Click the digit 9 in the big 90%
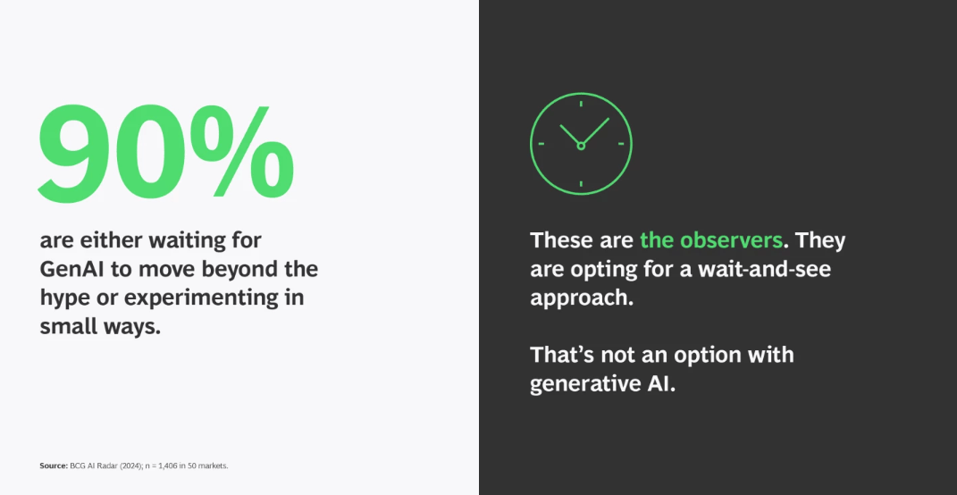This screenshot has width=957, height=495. (77, 154)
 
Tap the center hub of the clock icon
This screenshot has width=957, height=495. (581, 146)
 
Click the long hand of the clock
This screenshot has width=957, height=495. (596, 131)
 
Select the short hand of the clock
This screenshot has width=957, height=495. (569, 135)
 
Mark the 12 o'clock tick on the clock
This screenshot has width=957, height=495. (581, 104)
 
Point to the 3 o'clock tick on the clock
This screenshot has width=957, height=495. (621, 144)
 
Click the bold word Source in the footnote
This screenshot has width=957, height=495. (54, 466)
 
